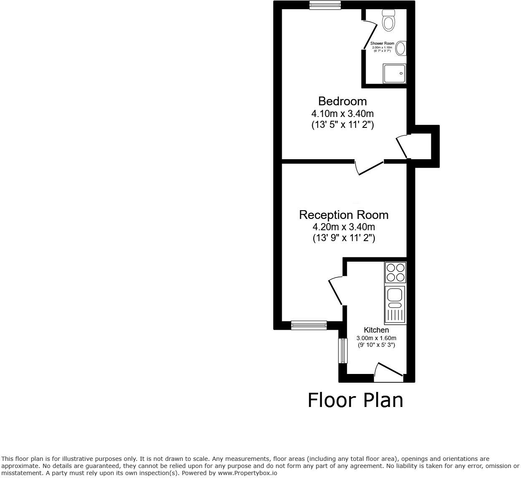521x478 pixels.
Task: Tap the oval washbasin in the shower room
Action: [x=401, y=48]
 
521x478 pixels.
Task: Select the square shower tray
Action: [x=395, y=74]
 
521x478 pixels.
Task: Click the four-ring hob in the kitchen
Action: [x=395, y=272]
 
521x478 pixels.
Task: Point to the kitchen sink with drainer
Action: [x=395, y=305]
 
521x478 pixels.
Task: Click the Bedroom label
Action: [x=342, y=101]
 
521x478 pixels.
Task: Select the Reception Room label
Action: [x=344, y=215]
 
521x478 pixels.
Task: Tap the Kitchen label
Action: [x=376, y=330]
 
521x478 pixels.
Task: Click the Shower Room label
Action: [x=382, y=43]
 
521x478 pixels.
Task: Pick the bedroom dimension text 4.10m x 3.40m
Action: [x=342, y=113]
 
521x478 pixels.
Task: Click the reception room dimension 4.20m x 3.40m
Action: [x=344, y=227]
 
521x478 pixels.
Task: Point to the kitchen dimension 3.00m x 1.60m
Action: [x=376, y=338]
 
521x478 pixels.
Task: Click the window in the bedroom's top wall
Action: [x=325, y=5]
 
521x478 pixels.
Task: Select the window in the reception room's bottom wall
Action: [x=309, y=325]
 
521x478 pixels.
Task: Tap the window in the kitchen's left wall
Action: [x=343, y=351]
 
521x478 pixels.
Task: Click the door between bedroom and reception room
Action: [x=369, y=168]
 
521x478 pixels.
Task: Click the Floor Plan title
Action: [x=355, y=400]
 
